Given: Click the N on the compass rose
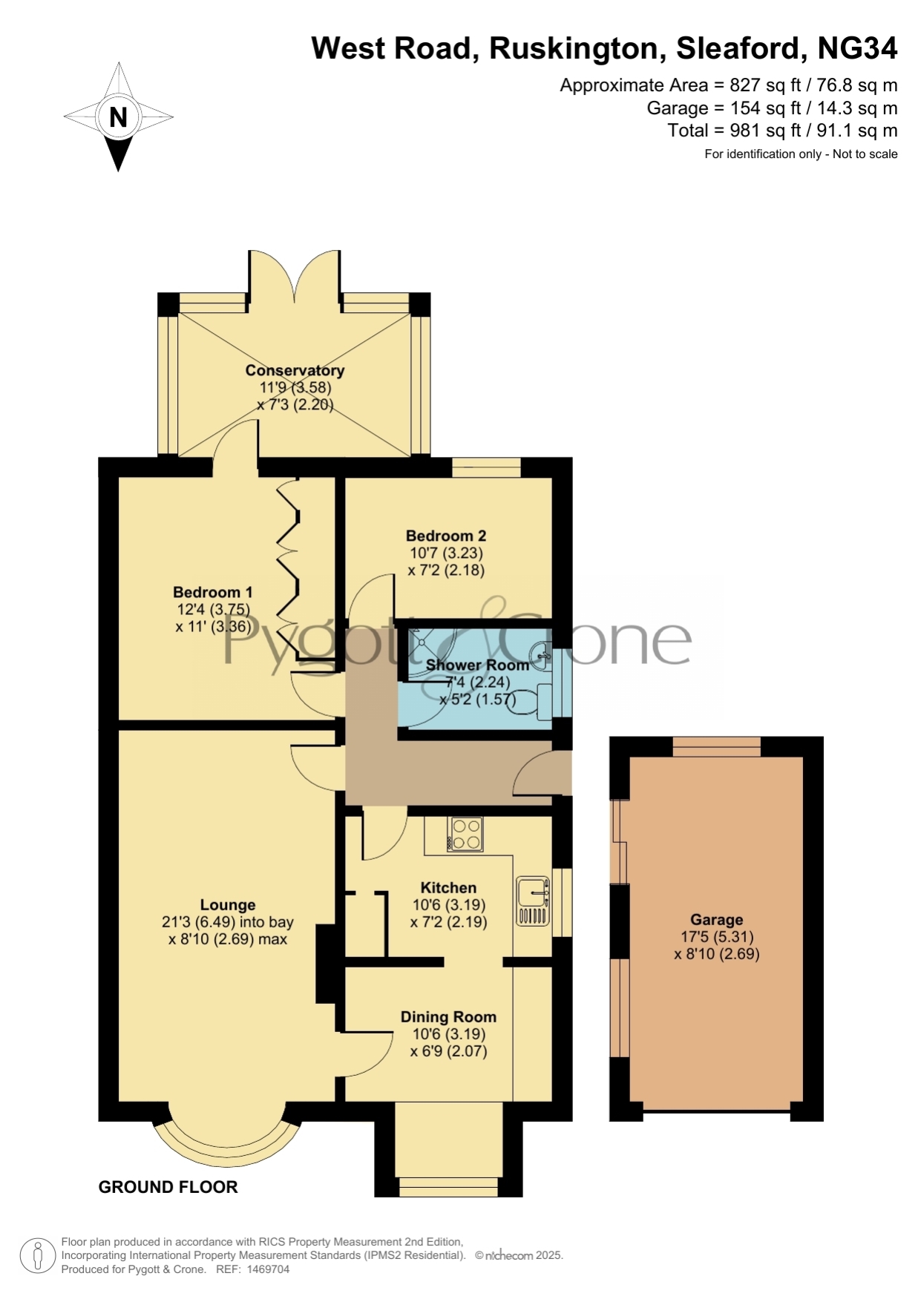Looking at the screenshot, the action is coord(118,117).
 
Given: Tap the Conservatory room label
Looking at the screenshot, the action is coord(295,370).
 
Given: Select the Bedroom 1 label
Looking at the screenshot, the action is coord(212,592).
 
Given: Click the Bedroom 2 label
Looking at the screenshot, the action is coord(445,536).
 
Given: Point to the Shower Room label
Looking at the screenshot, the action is coord(477,665).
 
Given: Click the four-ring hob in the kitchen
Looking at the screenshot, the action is coord(465,834).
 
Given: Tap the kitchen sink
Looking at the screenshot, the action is coord(533,901).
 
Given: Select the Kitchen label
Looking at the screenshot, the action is coord(448,887).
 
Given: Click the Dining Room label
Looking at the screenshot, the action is coord(448,1017).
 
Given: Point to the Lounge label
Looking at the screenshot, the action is coord(228,905).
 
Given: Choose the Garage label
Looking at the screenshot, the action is coord(716,920).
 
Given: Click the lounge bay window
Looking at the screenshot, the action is coord(227,1146).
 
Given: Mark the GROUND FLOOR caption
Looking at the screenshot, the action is coord(168,1187).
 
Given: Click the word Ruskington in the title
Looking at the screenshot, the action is coord(574,48).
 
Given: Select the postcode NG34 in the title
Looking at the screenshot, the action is coord(857,48).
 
